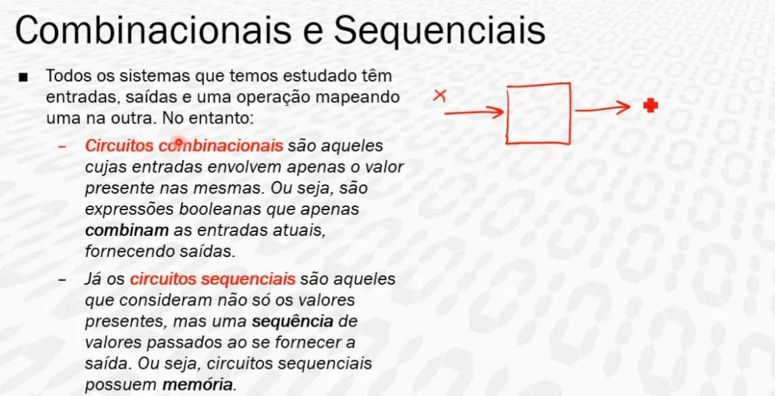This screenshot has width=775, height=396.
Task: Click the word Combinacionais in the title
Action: [x=153, y=31]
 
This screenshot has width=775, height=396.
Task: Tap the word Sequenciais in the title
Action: [x=440, y=31]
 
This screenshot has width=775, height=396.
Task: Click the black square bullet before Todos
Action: [x=23, y=77]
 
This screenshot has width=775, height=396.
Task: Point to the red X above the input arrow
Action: [x=439, y=96]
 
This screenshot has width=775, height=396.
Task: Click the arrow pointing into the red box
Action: [x=474, y=113]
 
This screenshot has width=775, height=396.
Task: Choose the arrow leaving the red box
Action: [x=603, y=108]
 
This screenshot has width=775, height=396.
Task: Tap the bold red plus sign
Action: [x=650, y=105]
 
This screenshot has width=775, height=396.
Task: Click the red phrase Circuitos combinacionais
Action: [x=184, y=146]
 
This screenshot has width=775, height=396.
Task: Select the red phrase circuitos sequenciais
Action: [x=213, y=279]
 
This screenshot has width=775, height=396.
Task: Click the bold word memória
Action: [x=197, y=384]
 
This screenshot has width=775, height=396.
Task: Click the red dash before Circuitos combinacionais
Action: [x=61, y=147]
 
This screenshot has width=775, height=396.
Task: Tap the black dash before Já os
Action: [x=61, y=280]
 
